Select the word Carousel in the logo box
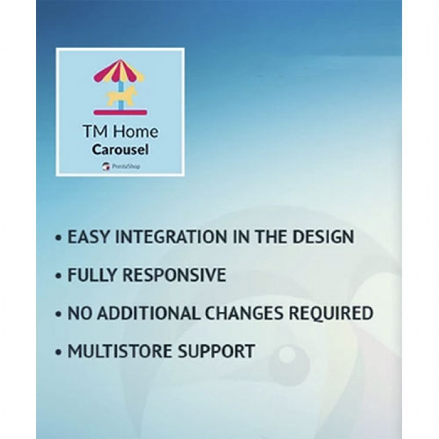tap(120, 150)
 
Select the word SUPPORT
tap(216, 351)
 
